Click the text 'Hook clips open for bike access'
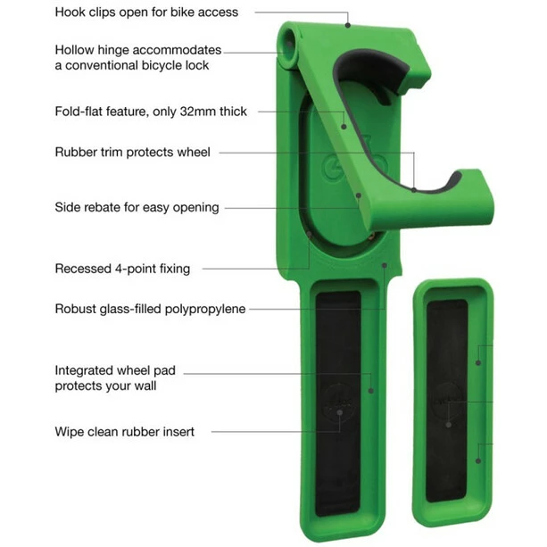(146, 12)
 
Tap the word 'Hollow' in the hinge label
(74, 50)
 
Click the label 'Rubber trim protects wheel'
(133, 153)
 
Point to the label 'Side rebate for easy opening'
(137, 208)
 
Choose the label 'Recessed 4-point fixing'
(122, 269)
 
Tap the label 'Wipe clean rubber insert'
(125, 432)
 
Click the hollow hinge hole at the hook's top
(288, 44)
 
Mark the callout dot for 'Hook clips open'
(347, 25)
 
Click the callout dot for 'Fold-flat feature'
(344, 127)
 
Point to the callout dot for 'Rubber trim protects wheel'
(414, 190)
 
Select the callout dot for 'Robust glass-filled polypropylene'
(385, 266)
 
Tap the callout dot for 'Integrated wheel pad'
(371, 391)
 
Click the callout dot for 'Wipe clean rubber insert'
(339, 412)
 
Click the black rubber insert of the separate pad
(447, 401)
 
